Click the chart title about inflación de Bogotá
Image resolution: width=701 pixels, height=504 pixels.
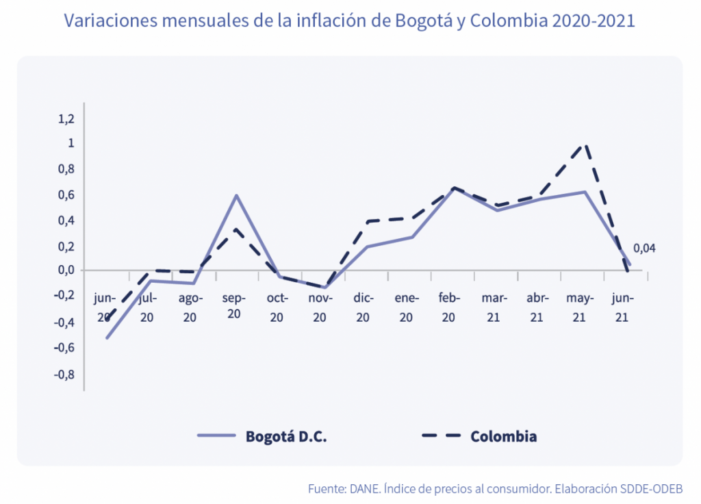pyautogui.click(x=349, y=21)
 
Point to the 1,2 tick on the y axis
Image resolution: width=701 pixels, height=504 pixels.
pyautogui.click(x=66, y=119)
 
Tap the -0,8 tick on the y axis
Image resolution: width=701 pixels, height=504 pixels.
pyautogui.click(x=64, y=375)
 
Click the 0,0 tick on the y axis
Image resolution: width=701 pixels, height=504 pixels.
pyautogui.click(x=66, y=270)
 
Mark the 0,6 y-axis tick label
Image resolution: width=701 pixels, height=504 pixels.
pyautogui.click(x=66, y=195)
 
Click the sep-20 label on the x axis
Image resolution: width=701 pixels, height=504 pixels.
pyautogui.click(x=234, y=306)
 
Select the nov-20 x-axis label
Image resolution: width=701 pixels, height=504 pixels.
pyautogui.click(x=320, y=307)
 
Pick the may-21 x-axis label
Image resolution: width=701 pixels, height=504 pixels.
pyautogui.click(x=580, y=307)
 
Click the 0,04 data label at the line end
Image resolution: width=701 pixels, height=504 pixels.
pyautogui.click(x=644, y=248)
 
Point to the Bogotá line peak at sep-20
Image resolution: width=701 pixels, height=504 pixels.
pyautogui.click(x=236, y=195)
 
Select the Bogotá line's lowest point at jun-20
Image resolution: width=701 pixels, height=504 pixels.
pyautogui.click(x=107, y=338)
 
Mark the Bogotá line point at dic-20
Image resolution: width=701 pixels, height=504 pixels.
pyautogui.click(x=366, y=247)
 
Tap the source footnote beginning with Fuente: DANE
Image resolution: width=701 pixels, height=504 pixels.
pyautogui.click(x=495, y=489)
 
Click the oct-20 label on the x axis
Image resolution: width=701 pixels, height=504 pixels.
pyautogui.click(x=277, y=307)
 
